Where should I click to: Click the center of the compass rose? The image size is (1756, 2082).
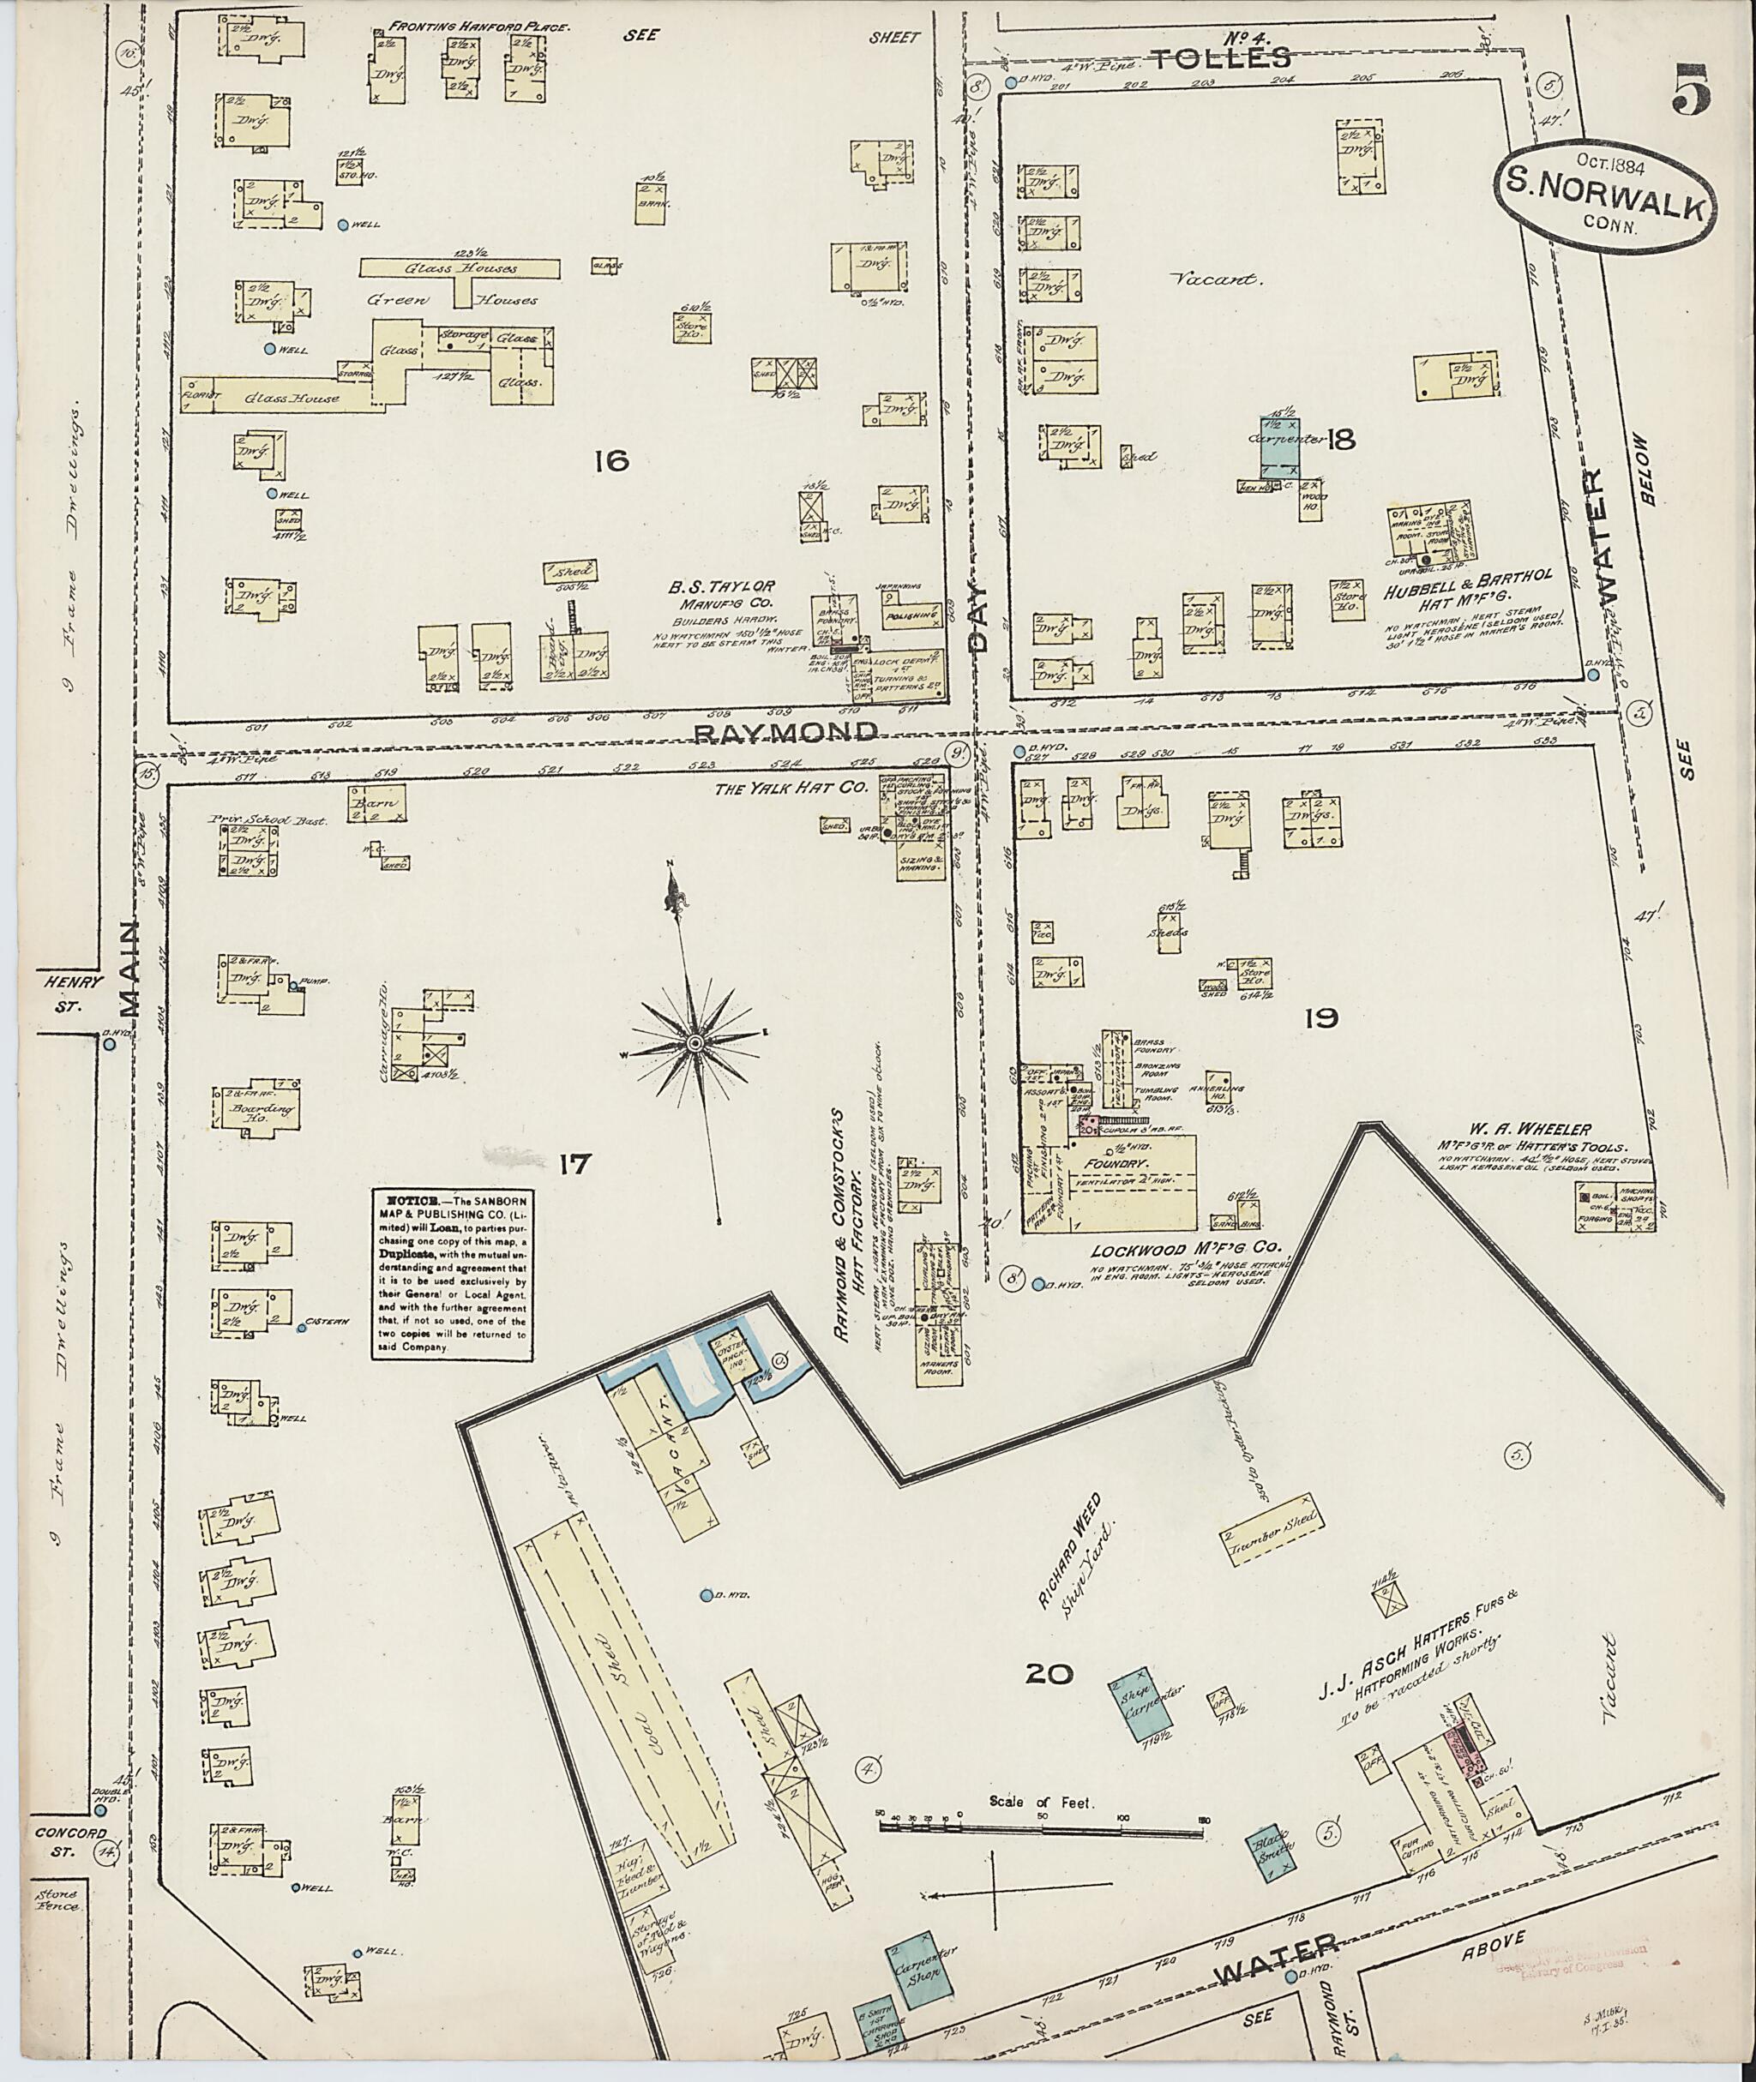(694, 1041)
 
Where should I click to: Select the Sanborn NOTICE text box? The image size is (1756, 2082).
(452, 1275)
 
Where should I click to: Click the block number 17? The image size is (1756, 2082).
(574, 1161)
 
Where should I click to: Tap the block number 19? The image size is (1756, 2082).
(1319, 1017)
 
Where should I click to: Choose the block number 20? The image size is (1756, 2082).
(1049, 1675)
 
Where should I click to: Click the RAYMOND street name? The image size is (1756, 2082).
(785, 733)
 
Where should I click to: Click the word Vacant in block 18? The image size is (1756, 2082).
(1230, 279)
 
